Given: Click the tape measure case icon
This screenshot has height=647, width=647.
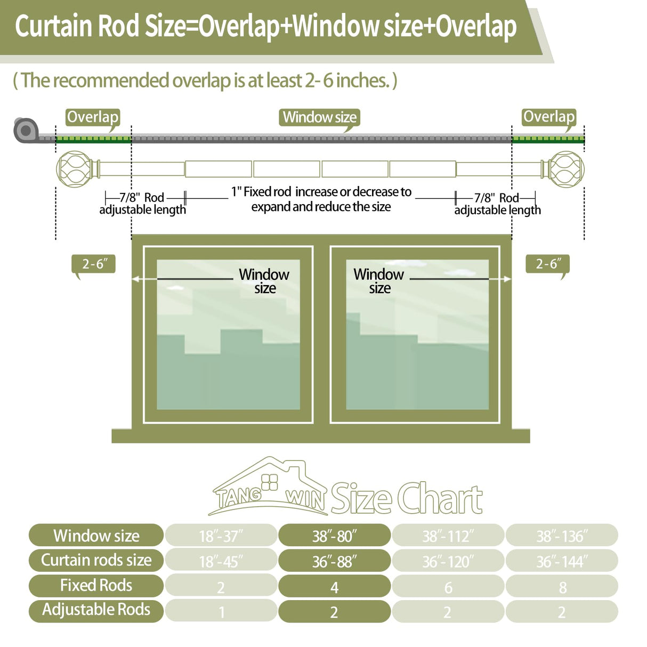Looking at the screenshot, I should (x=25, y=130).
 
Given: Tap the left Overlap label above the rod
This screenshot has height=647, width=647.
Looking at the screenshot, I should (x=93, y=117).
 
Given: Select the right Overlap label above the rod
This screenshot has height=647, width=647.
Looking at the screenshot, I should (x=549, y=117).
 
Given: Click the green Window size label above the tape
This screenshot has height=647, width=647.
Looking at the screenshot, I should (x=319, y=117).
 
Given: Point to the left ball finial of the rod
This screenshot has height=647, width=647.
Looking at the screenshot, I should (x=75, y=169).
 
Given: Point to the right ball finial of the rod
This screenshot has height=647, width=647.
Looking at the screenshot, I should (x=566, y=169).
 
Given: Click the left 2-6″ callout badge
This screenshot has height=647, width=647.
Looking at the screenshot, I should (x=94, y=264).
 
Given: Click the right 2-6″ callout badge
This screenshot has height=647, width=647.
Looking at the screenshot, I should (x=547, y=264).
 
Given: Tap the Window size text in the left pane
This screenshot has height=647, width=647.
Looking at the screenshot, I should (x=264, y=281).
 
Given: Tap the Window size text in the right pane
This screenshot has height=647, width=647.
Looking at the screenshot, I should (x=379, y=281).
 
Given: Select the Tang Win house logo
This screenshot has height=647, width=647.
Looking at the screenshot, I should (x=269, y=488).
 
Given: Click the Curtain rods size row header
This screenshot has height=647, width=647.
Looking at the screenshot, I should (x=96, y=560).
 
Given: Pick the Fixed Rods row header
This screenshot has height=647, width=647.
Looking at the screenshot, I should (x=96, y=585).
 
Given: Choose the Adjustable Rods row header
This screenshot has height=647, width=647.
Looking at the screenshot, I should (x=96, y=610).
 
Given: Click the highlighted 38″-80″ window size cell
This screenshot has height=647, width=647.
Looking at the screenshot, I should (x=334, y=536).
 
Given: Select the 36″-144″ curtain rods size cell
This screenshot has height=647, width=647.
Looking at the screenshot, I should (x=562, y=561).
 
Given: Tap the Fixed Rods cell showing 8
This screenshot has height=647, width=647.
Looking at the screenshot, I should (x=562, y=586).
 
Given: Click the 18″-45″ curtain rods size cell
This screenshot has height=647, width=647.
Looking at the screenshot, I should (x=221, y=561).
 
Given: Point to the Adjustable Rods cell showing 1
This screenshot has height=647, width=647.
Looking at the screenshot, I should (x=221, y=611).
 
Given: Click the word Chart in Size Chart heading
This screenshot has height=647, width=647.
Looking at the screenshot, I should (x=440, y=498).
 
